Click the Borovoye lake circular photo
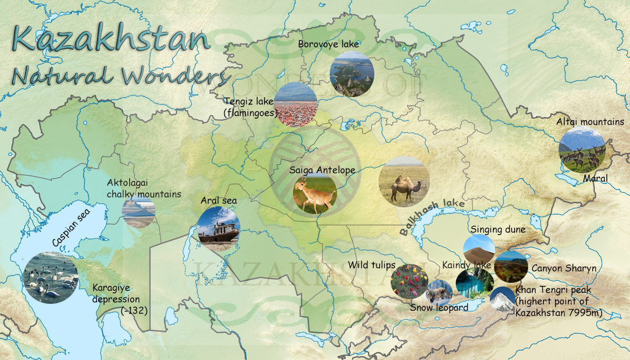[x=352, y=73]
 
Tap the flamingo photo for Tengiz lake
[x=296, y=104]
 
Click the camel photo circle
[x=404, y=181]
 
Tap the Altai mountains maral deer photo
[x=582, y=149]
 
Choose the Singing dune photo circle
[x=479, y=249]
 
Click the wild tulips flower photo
[x=409, y=281]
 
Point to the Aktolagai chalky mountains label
[x=143, y=188]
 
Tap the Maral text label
[x=595, y=179]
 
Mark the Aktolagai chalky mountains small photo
[x=139, y=211]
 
